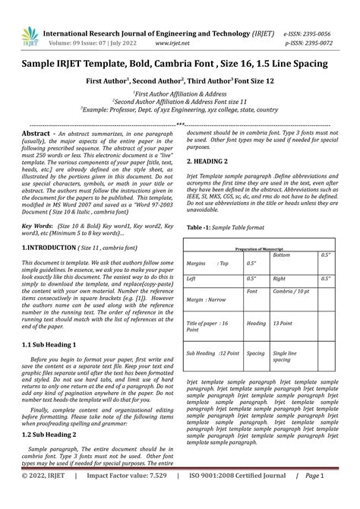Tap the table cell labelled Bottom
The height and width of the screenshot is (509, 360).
281,255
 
